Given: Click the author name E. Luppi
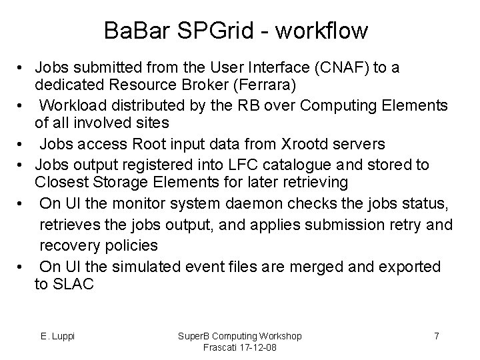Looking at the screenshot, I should [x=57, y=335].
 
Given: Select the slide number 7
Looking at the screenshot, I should [x=436, y=335].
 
